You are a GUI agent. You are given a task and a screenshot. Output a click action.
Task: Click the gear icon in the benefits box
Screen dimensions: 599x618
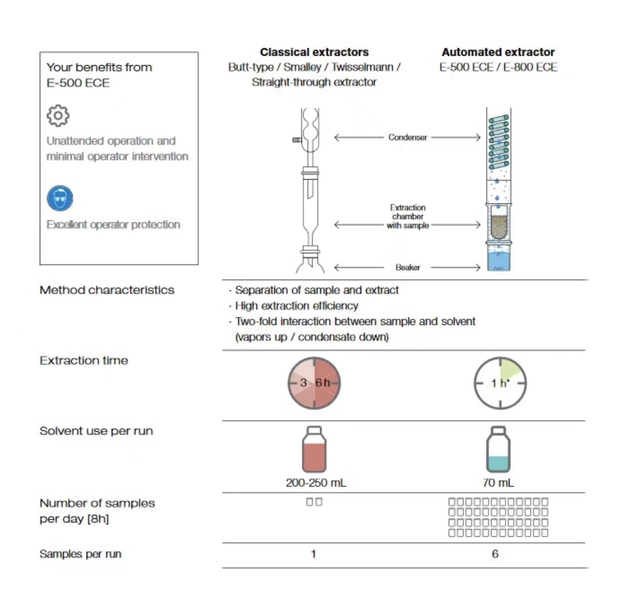(58, 116)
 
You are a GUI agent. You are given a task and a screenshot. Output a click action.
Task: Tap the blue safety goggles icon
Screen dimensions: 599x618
(60, 198)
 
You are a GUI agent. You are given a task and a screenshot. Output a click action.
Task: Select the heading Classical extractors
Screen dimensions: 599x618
(314, 52)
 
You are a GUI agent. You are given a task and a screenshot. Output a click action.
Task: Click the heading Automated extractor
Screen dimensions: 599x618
(498, 52)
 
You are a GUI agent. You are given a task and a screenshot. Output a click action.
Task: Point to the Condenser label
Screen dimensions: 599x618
(407, 137)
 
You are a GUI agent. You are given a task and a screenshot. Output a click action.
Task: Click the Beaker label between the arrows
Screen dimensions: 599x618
(407, 268)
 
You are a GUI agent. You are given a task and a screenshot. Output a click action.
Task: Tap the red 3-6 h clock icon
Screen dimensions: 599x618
(315, 383)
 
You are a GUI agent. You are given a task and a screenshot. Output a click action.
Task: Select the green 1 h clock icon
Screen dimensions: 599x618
(500, 383)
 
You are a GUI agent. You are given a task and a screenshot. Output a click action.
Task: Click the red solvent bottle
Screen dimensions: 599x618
(314, 450)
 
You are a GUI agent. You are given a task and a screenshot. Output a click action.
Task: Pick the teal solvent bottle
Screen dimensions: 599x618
(498, 450)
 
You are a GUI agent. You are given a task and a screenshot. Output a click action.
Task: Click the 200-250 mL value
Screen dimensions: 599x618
(316, 483)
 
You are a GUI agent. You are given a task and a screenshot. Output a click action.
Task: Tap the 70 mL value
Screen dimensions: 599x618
(498, 483)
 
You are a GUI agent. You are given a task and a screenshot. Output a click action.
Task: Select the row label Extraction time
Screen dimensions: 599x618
(84, 361)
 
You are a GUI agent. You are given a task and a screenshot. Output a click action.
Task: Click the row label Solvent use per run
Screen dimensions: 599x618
(96, 431)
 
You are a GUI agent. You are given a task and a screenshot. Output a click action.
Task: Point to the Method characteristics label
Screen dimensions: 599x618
(107, 290)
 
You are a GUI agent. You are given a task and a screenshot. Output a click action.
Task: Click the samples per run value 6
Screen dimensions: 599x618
(495, 554)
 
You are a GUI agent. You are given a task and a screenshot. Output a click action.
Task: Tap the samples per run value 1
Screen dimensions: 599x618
(313, 554)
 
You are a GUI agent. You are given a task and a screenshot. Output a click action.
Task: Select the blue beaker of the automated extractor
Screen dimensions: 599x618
(498, 261)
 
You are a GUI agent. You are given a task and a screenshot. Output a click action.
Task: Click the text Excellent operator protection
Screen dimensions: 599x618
(113, 225)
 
